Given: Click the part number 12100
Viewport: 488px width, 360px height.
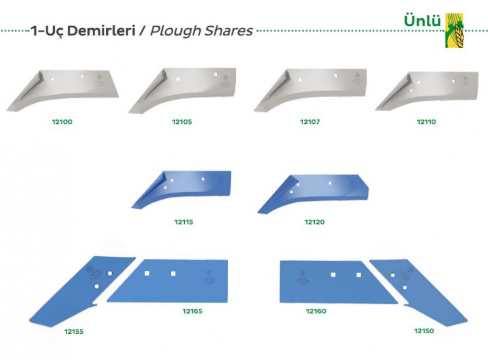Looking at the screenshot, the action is [x=62, y=122].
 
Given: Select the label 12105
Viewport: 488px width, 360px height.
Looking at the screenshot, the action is [x=182, y=122].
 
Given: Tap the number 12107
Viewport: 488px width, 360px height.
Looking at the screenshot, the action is [x=310, y=122].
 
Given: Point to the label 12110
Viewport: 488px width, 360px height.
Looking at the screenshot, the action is [x=426, y=122].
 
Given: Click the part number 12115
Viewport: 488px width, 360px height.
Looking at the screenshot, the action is [x=184, y=222].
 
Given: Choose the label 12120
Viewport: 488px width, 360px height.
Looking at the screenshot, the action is [x=315, y=222].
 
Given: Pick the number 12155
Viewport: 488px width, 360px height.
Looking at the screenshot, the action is [x=74, y=331].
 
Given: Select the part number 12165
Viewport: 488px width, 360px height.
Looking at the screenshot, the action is [x=192, y=311].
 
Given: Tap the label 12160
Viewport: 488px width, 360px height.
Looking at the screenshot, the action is [x=316, y=311].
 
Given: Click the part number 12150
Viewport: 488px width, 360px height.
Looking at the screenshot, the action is [x=424, y=331].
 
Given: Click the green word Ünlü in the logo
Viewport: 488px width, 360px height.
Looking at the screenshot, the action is [x=422, y=21].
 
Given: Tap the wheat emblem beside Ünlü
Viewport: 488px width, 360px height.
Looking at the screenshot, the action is [x=454, y=31].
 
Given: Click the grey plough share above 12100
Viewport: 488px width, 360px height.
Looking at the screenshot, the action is [x=63, y=90].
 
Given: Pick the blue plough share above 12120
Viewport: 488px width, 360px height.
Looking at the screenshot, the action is [x=313, y=192].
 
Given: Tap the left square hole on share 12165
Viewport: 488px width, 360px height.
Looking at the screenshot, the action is [x=147, y=273].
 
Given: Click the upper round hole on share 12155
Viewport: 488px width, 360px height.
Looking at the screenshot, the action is [x=110, y=273].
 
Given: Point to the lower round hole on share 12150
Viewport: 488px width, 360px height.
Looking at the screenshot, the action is [x=404, y=287].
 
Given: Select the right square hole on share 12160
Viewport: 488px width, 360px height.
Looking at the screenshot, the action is [x=359, y=275].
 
